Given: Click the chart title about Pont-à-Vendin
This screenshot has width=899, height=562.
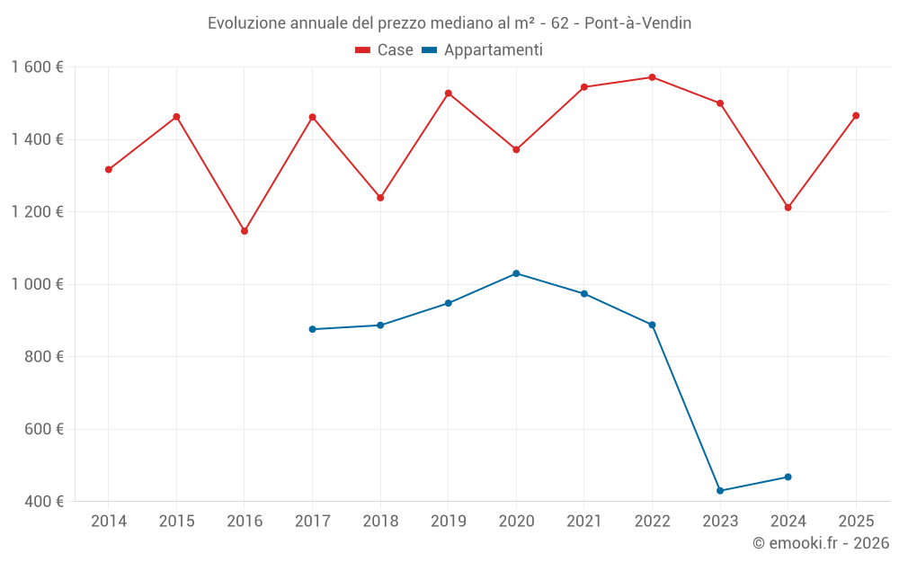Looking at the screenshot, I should pyautogui.click(x=449, y=22).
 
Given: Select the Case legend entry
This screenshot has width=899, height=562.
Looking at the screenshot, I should pyautogui.click(x=384, y=50).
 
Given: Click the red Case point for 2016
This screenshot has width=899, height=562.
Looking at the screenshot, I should pyautogui.click(x=245, y=231).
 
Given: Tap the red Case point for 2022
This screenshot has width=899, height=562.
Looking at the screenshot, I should pyautogui.click(x=653, y=77).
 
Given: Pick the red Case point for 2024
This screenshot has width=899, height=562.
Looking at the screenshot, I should pyautogui.click(x=788, y=208).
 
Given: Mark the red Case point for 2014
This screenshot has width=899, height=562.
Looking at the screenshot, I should pyautogui.click(x=109, y=169).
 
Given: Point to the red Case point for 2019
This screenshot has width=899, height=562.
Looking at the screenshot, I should pyautogui.click(x=449, y=94).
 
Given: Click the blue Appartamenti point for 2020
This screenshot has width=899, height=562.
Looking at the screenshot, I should pyautogui.click(x=516, y=273).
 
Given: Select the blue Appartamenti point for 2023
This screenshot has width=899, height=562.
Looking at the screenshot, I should pyautogui.click(x=720, y=491).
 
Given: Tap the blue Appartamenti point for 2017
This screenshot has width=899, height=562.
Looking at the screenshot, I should pyautogui.click(x=312, y=329).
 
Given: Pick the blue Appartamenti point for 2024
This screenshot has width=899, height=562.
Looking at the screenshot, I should pyautogui.click(x=788, y=477).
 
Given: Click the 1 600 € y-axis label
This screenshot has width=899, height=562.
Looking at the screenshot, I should pyautogui.click(x=38, y=67).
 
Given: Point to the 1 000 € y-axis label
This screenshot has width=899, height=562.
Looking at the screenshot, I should pyautogui.click(x=38, y=284).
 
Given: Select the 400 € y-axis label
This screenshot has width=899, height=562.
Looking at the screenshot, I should pyautogui.click(x=44, y=501).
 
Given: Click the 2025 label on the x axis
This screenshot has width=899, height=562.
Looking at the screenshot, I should pyautogui.click(x=856, y=521).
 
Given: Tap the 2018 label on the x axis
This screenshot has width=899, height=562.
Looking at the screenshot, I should pyautogui.click(x=380, y=521).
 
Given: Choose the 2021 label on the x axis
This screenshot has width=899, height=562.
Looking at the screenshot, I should pyautogui.click(x=584, y=521).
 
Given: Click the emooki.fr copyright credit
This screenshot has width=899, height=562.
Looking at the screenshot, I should pyautogui.click(x=821, y=543).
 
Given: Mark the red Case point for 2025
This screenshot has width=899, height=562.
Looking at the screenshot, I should pyautogui.click(x=856, y=115).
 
